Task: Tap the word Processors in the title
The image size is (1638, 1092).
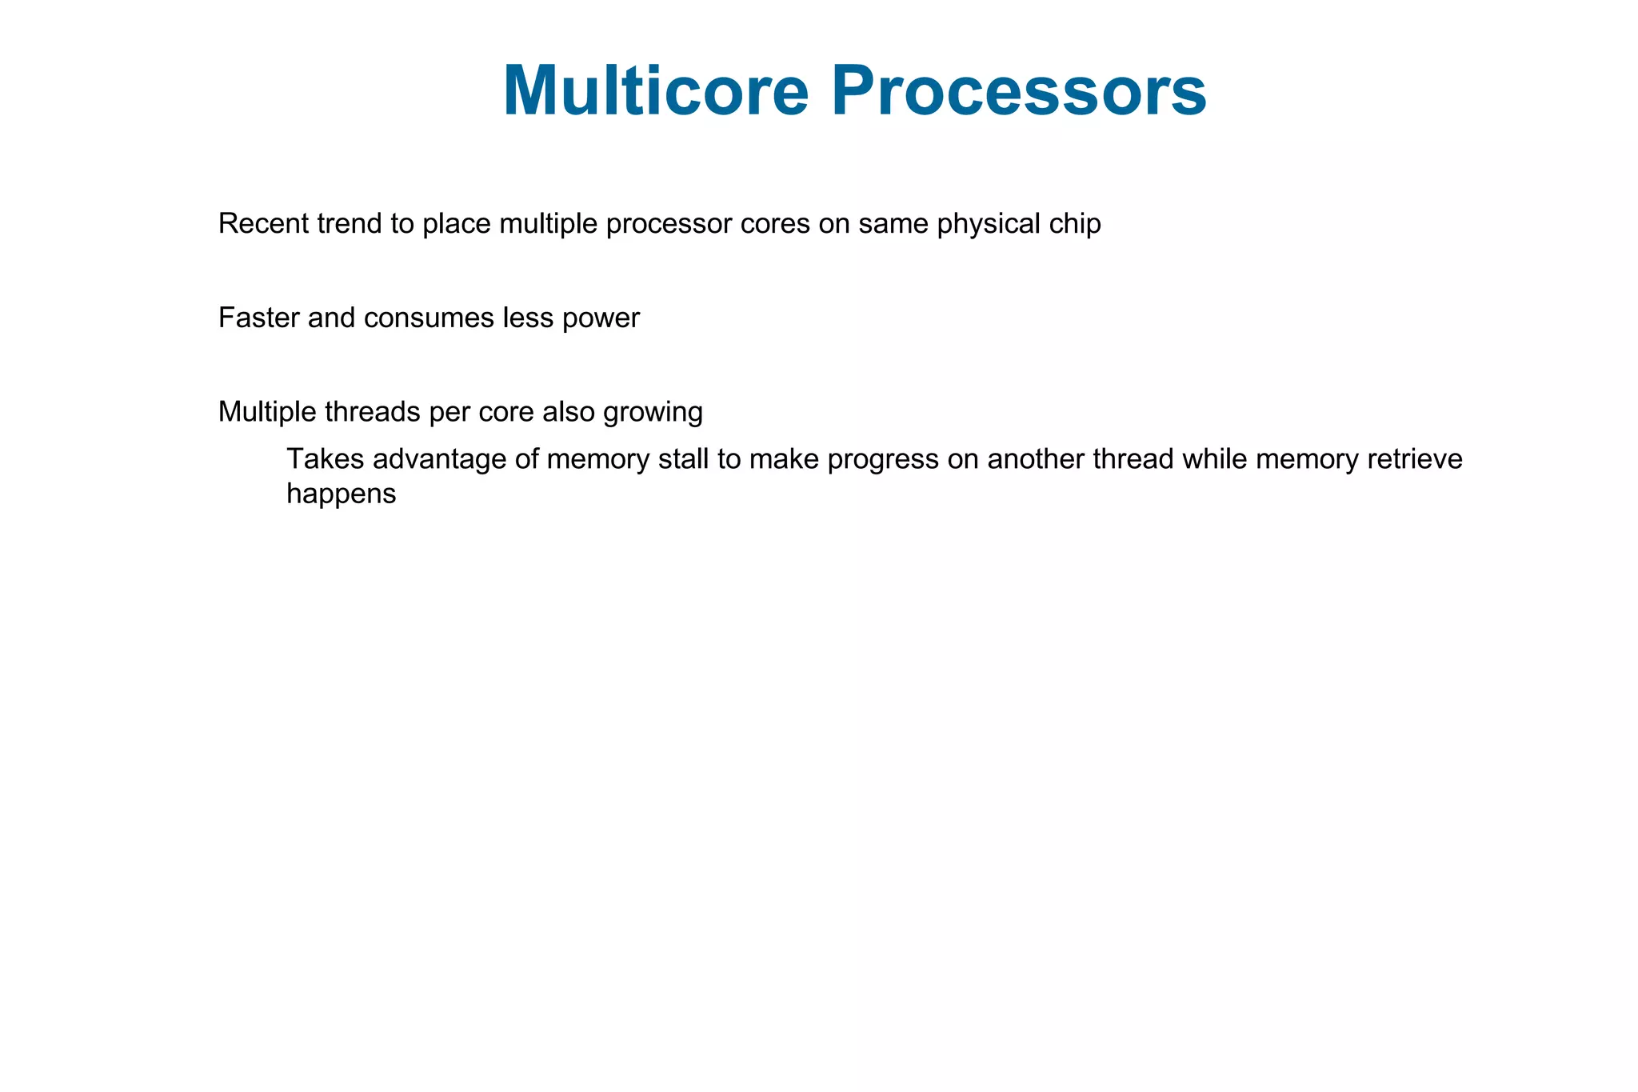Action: (1018, 90)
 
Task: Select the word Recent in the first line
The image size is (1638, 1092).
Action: (263, 224)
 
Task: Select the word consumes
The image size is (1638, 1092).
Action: (429, 318)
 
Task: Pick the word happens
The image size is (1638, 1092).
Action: (342, 494)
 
